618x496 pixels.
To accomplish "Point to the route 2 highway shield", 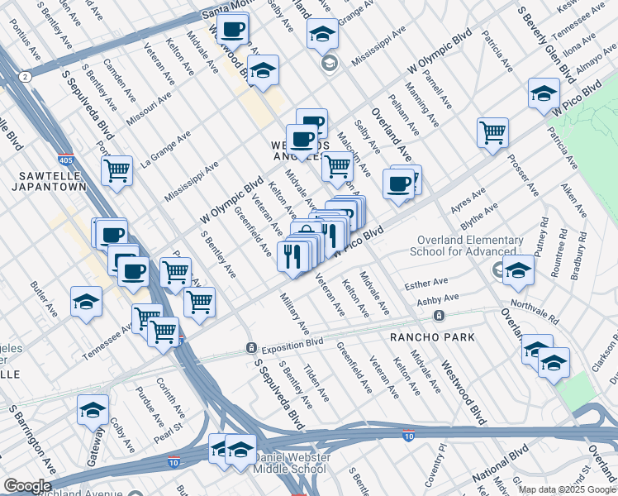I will (x=26, y=77).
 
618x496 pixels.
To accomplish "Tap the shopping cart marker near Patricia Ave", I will (x=492, y=132).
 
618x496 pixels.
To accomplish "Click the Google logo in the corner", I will (x=27, y=486).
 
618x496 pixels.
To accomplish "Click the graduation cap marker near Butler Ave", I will (x=86, y=303).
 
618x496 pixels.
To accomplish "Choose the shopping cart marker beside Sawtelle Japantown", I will (x=116, y=171).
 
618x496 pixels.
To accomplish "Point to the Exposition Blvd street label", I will (x=292, y=347).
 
